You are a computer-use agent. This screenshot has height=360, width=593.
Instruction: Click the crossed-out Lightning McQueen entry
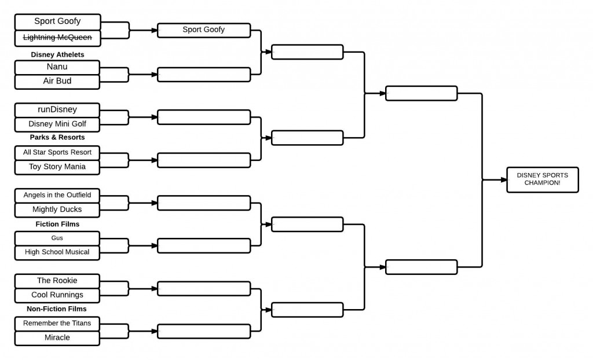pyautogui.click(x=57, y=38)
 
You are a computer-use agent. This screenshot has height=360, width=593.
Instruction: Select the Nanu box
pyautogui.click(x=57, y=67)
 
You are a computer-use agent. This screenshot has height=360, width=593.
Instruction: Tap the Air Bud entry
pyautogui.click(x=57, y=82)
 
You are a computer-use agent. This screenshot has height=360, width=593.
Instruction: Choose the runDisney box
pyautogui.click(x=57, y=109)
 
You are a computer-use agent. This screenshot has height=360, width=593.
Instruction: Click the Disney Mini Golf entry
pyautogui.click(x=57, y=124)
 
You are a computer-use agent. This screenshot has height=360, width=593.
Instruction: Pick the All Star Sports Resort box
pyautogui.click(x=57, y=152)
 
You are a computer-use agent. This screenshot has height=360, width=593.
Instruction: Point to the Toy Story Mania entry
pyautogui.click(x=57, y=167)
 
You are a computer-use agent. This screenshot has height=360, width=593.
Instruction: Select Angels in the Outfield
pyautogui.click(x=57, y=195)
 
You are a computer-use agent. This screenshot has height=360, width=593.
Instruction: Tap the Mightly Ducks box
pyautogui.click(x=57, y=210)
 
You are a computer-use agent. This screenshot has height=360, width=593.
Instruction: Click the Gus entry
pyautogui.click(x=57, y=238)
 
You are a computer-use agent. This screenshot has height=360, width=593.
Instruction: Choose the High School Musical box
pyautogui.click(x=57, y=252)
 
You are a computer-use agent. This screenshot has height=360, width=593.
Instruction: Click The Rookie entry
pyautogui.click(x=57, y=281)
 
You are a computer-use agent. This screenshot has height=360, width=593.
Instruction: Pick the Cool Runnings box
pyautogui.click(x=57, y=295)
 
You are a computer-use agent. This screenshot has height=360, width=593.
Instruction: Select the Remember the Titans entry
pyautogui.click(x=57, y=323)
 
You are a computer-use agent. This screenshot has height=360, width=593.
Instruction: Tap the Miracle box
pyautogui.click(x=57, y=337)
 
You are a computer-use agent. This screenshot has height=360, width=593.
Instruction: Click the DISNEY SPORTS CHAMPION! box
pyautogui.click(x=542, y=179)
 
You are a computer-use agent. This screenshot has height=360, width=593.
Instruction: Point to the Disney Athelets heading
pyautogui.click(x=57, y=54)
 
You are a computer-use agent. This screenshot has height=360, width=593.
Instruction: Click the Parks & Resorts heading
pyautogui.click(x=57, y=138)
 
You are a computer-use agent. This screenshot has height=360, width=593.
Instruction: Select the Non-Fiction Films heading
pyautogui.click(x=57, y=309)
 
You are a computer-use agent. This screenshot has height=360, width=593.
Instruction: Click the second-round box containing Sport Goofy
pyautogui.click(x=204, y=30)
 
